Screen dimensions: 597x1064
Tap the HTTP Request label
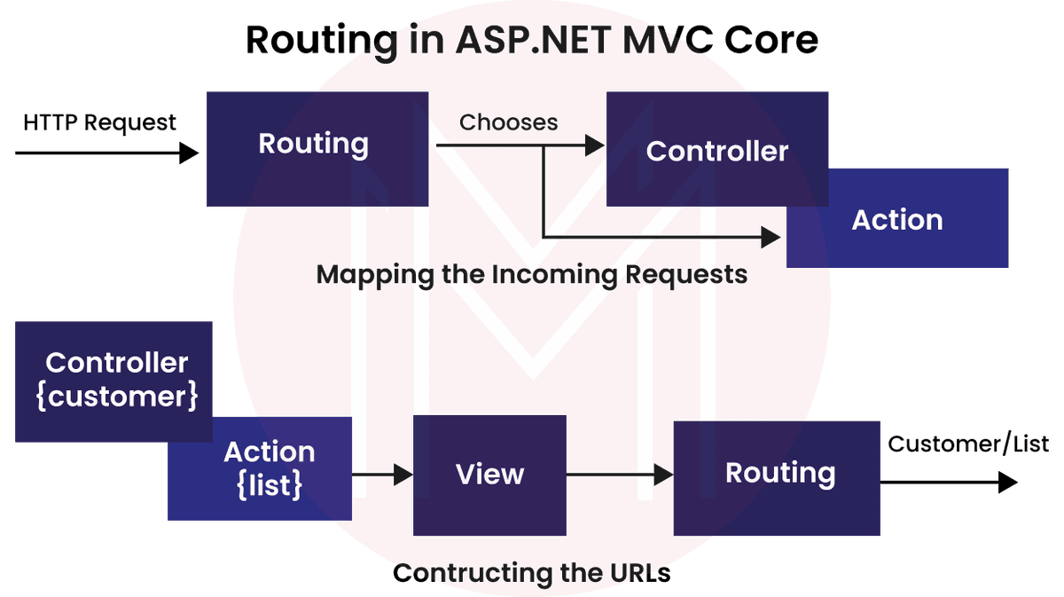100,122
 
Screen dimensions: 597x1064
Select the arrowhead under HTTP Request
189,153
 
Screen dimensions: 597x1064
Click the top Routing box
317,148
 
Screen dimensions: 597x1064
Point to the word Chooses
509,122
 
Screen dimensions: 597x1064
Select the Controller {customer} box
115,380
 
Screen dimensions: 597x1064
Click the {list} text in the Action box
270,485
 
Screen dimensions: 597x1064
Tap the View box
489,475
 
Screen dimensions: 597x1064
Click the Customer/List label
968,444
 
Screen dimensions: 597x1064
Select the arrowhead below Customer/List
1008,483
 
